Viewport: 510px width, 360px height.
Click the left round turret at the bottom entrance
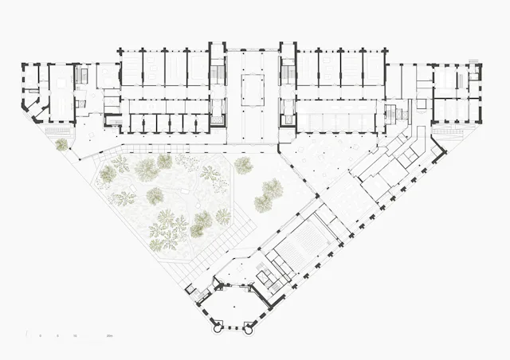point(217,327)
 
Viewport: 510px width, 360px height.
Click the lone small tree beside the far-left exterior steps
point(61,144)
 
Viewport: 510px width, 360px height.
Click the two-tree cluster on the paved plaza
point(269,194)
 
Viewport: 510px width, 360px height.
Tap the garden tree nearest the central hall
point(242,165)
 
